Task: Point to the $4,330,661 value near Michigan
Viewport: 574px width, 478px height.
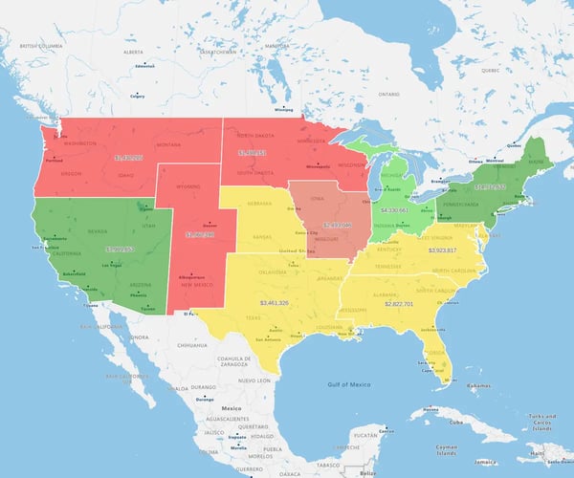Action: pos(394,209)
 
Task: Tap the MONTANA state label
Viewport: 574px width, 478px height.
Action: pos(168,144)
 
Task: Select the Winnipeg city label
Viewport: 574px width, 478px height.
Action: pos(284,110)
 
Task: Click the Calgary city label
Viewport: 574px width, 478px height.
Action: pos(137,97)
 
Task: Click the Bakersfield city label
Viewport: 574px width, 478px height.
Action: pos(74,273)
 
